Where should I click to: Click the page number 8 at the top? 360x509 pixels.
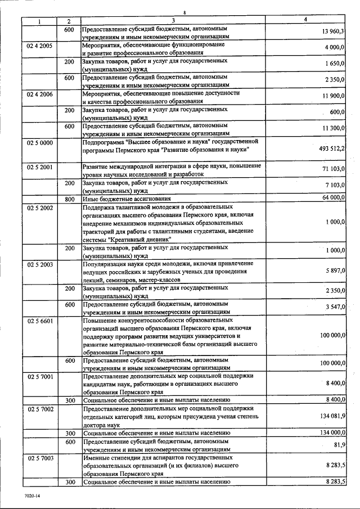point(184,12)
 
